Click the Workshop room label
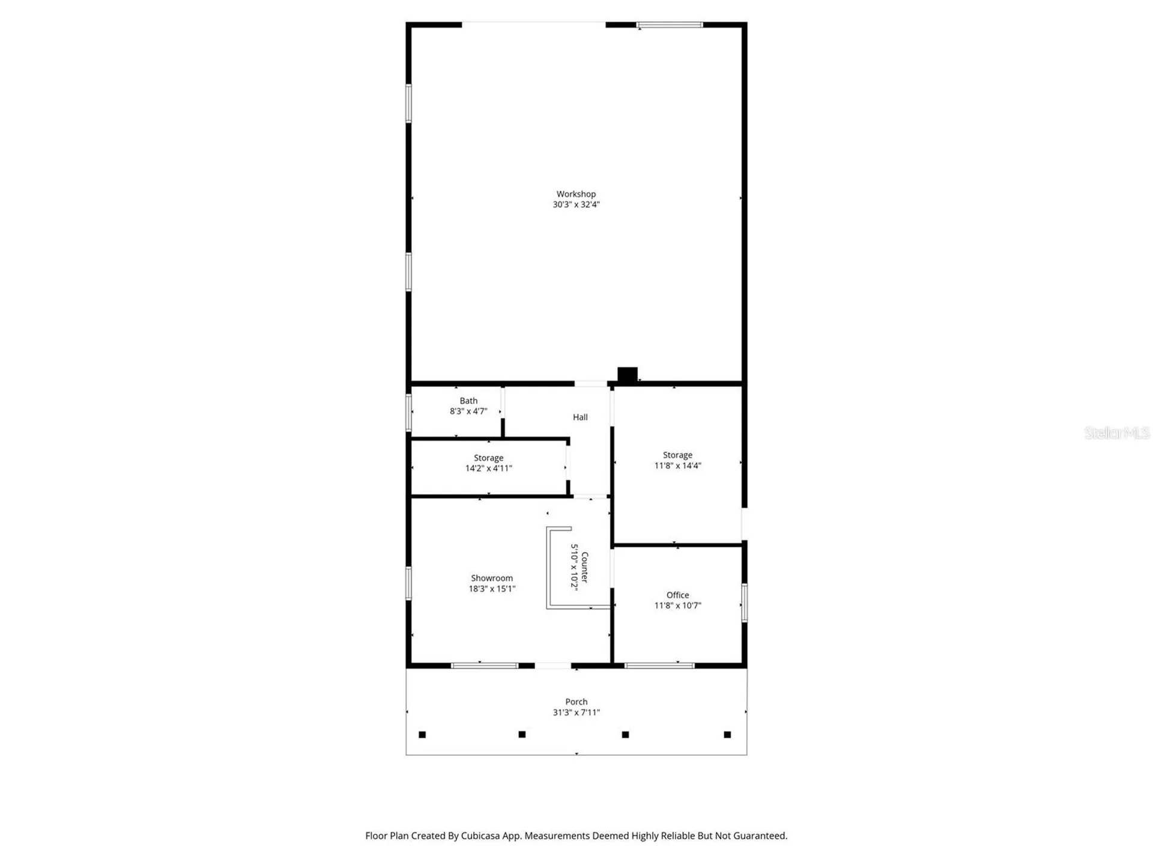[576, 194]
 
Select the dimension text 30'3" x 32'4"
[576, 204]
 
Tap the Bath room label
[468, 401]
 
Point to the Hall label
[580, 417]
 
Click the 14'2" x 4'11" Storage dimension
[488, 469]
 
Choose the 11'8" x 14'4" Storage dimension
[677, 466]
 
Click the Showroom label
[492, 578]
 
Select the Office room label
[677, 595]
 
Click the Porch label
[576, 702]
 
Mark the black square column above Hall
[628, 374]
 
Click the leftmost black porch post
[422, 735]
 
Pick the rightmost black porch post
[727, 735]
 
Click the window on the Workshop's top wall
[670, 25]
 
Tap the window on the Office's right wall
[745, 602]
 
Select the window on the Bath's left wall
[409, 412]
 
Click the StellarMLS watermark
[1116, 432]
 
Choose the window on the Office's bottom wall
[659, 666]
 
